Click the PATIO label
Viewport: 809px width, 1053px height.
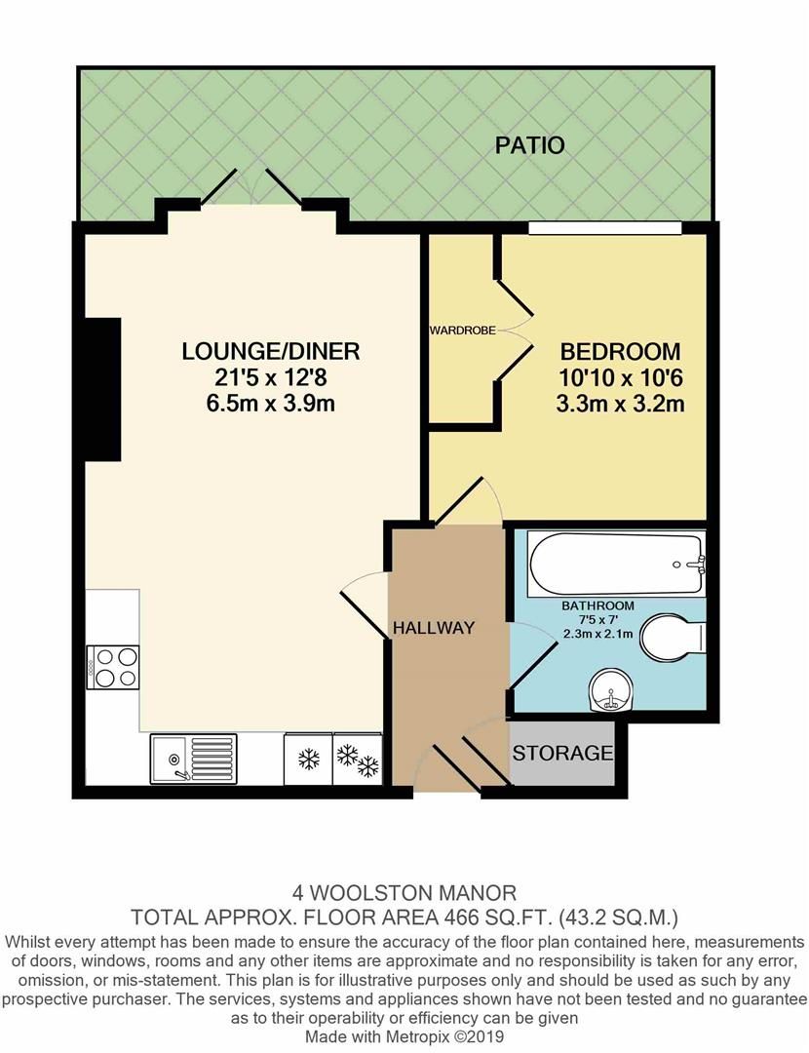tap(529, 146)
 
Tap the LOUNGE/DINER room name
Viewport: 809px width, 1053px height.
tap(271, 351)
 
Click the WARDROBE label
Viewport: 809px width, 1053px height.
tap(462, 331)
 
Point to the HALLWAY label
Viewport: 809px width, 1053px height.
tap(434, 628)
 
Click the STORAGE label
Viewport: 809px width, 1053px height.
tap(562, 753)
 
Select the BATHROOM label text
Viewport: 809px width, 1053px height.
tap(597, 605)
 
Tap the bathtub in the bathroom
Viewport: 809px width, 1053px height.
tap(615, 565)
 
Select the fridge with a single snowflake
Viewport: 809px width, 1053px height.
tap(307, 760)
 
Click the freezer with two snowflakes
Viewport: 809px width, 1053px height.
tap(357, 760)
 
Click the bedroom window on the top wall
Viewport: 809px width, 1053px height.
tap(604, 228)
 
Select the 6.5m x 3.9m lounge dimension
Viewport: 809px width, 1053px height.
tap(271, 403)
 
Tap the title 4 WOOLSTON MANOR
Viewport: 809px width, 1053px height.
tap(404, 891)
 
